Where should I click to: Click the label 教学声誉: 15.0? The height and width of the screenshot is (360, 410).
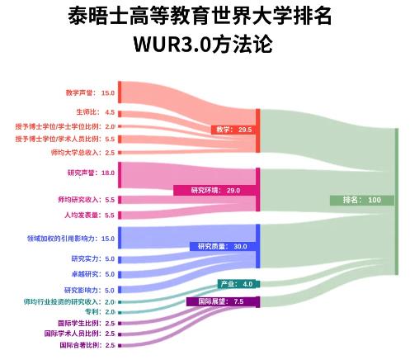(90, 92)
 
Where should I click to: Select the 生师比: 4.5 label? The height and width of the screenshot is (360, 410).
(95, 112)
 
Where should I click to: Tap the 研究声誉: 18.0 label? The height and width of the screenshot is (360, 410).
(91, 173)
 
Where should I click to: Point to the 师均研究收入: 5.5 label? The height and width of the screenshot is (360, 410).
(86, 200)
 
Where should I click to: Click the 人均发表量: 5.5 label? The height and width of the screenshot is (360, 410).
(89, 215)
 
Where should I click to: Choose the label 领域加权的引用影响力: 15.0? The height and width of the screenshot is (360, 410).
(71, 239)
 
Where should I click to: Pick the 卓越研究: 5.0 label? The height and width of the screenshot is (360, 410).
(92, 274)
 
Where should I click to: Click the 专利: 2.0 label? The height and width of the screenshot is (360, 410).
(100, 312)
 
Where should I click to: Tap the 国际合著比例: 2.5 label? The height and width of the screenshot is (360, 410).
(87, 345)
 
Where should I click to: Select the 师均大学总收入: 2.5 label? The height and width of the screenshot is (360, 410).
(82, 152)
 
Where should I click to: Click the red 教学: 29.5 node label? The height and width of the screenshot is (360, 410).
(233, 130)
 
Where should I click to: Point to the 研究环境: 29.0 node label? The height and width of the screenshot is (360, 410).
(215, 190)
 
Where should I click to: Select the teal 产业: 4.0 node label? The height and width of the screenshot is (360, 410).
(237, 284)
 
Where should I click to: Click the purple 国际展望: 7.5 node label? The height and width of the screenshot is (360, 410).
(221, 301)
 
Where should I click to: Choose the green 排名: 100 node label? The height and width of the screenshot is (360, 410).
(362, 200)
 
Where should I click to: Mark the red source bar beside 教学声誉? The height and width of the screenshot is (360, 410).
(120, 92)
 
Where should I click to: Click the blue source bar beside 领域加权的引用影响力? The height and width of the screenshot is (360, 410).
(120, 238)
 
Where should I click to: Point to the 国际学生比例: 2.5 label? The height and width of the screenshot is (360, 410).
(87, 323)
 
